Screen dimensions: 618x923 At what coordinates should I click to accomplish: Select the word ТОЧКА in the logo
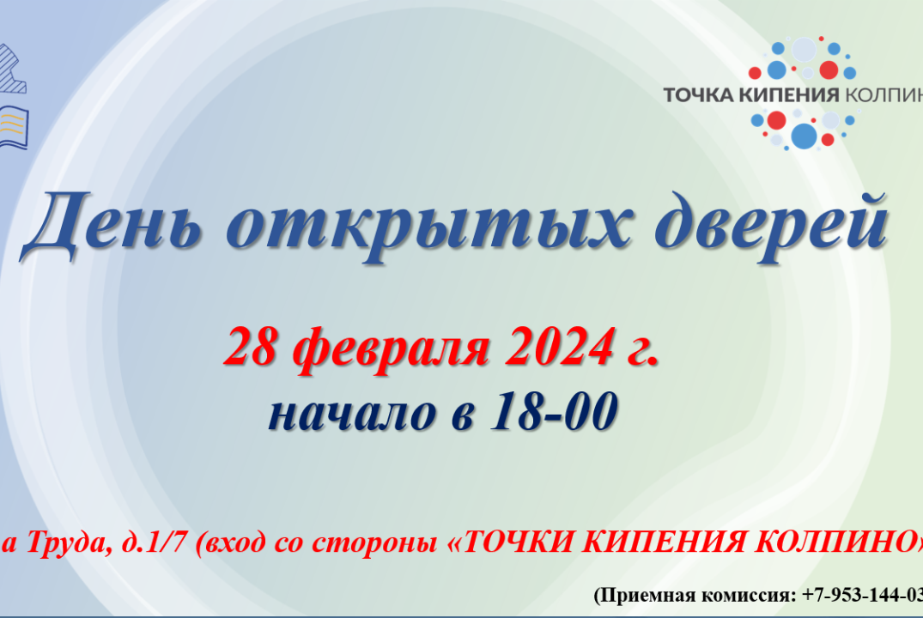pos(696,94)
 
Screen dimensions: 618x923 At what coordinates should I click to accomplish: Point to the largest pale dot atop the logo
pos(804,49)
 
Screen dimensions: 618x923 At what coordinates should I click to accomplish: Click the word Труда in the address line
pos(60,542)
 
